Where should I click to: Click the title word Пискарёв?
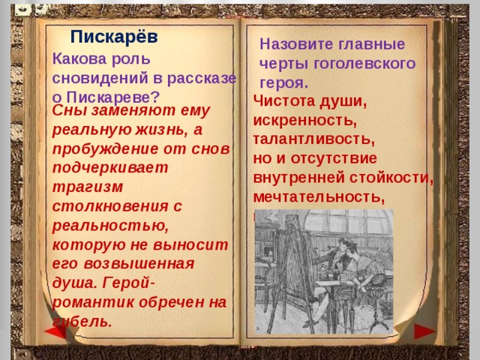[x=114, y=36]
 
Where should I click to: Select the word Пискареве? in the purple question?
[x=113, y=96]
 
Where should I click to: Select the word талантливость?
[x=313, y=139]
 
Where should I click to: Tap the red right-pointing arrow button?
[x=424, y=330]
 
